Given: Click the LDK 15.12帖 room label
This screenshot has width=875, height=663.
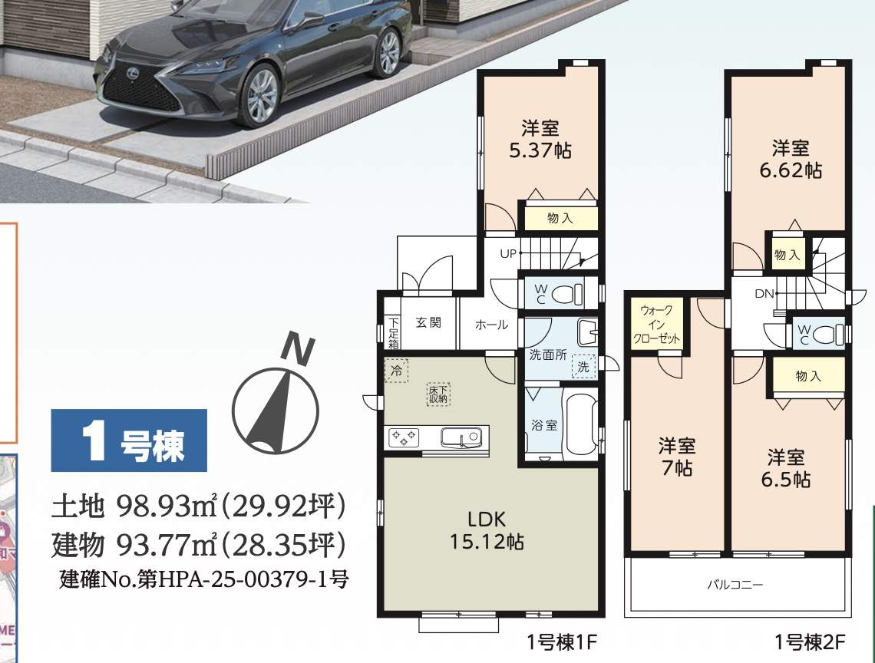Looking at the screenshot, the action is [487, 530].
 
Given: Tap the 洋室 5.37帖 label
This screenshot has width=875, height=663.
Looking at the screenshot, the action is [540, 140].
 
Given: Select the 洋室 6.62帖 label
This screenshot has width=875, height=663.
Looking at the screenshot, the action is [791, 159].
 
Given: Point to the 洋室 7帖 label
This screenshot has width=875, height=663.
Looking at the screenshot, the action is [677, 457].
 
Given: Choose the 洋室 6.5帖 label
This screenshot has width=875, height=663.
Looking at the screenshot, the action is [786, 468].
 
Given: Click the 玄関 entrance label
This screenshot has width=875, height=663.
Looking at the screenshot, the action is [428, 322].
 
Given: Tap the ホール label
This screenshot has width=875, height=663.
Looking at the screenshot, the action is [492, 325].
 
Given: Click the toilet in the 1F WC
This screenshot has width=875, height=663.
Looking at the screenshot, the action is [570, 293].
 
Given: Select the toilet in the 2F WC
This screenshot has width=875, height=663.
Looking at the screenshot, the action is [828, 335].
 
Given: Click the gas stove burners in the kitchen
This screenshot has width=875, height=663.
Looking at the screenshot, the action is [404, 437].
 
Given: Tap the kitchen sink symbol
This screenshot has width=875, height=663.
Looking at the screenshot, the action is [461, 437].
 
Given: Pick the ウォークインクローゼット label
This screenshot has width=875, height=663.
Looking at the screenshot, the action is [657, 325].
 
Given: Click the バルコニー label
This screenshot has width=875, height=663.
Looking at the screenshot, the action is [735, 585].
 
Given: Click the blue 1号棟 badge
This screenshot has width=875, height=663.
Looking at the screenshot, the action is [129, 441].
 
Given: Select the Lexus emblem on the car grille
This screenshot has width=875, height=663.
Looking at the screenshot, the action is [134, 71].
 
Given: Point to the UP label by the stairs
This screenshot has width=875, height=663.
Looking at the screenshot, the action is [508, 254].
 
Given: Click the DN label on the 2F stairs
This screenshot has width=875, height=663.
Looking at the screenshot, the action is [764, 294].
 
